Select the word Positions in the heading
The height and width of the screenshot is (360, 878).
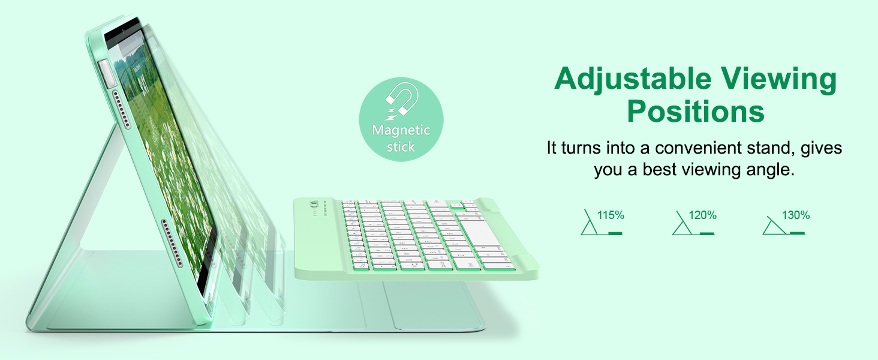(696, 112)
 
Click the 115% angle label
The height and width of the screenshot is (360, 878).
(611, 215)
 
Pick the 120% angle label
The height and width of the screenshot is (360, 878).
(702, 215)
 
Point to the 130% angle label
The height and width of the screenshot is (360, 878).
(796, 215)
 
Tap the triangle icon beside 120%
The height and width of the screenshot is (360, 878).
(682, 224)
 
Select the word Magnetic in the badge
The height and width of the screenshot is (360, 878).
(401, 130)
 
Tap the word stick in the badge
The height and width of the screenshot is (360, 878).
(401, 146)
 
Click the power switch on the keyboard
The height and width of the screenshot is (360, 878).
(314, 205)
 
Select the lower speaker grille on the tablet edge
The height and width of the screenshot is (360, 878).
(173, 243)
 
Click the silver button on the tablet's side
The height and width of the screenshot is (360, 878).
(106, 73)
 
